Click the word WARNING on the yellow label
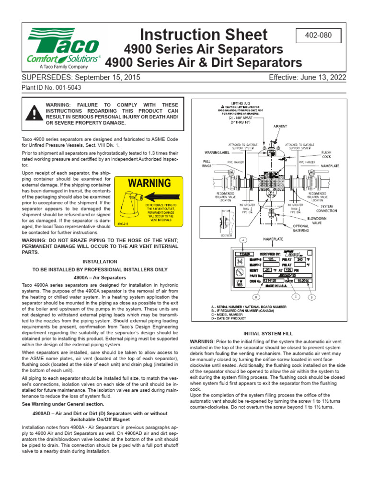click(149, 183)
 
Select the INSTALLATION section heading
click(100, 262)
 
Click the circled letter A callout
click(243, 240)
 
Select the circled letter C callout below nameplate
click(296, 297)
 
